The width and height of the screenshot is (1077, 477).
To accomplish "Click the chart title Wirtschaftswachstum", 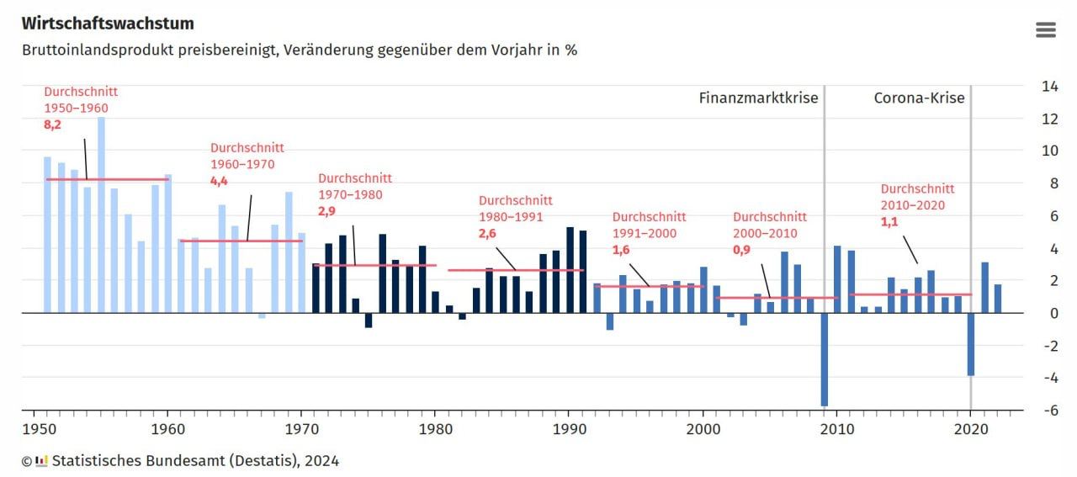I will tap(108, 24).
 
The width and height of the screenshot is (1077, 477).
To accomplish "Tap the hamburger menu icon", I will tap(1045, 30).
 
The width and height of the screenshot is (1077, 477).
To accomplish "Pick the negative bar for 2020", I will tap(970, 344).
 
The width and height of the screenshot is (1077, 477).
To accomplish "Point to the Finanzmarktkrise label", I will tap(758, 98).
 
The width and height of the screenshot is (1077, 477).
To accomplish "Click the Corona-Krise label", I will tap(919, 98).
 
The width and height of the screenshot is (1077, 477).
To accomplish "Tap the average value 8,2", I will tap(53, 125).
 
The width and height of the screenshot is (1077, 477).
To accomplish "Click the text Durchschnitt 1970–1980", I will tap(354, 186).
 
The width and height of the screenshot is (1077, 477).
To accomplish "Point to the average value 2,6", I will tap(487, 233).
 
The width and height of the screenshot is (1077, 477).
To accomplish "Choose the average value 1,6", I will tap(621, 250).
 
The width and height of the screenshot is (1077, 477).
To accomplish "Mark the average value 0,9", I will tap(742, 250).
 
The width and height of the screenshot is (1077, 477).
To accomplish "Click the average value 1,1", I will tap(890, 221).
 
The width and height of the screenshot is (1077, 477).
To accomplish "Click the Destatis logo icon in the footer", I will tap(41, 461).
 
